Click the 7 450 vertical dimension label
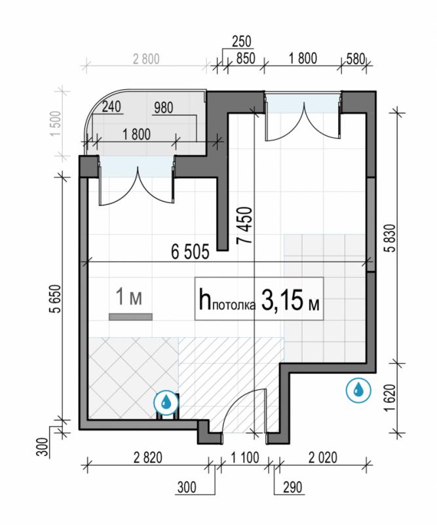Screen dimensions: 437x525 [244, 226]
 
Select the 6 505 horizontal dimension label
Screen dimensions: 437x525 [190, 252]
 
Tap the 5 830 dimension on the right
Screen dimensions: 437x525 [392, 238]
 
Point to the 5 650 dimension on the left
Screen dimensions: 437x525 [57, 299]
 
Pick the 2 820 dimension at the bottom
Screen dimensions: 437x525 [148, 458]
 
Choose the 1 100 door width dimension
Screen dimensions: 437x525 [245, 458]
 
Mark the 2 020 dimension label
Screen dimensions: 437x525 [323, 458]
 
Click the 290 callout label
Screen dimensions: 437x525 [293, 488]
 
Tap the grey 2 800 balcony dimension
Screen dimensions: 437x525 [146, 59]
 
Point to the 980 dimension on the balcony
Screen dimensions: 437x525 [164, 108]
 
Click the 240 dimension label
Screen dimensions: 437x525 [111, 107]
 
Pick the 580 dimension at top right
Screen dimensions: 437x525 [355, 59]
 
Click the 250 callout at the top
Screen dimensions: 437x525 [241, 41]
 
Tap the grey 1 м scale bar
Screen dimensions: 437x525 [130, 317]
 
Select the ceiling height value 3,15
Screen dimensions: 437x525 [281, 301]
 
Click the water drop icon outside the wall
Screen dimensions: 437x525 [359, 389]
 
